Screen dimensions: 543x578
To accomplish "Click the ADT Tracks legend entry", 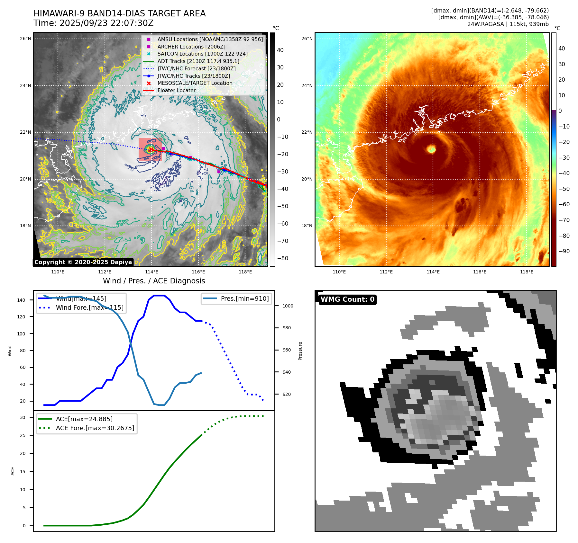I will pos(198,61).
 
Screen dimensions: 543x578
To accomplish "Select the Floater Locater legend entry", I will pos(176,90).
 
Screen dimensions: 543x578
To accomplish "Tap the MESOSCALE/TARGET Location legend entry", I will pos(195,83).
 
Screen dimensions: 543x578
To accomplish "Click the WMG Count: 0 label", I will pos(347,299).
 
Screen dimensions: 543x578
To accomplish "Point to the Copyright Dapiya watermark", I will pos(83,262).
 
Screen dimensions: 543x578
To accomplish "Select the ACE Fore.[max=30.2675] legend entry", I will pos(95,428).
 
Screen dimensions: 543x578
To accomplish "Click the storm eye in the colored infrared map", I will pos(431,149).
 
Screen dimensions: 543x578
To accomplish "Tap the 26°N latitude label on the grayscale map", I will pos(26,39).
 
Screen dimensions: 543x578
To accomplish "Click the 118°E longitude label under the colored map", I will pos(527,272).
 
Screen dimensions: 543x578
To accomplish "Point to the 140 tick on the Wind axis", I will pos(21,300).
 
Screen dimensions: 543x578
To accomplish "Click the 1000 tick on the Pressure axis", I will pos(288,306).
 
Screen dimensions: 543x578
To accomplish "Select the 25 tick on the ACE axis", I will pos(23,435).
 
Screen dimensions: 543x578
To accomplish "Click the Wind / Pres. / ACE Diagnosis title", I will pos(154,281).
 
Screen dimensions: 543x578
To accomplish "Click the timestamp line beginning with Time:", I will pos(93,23).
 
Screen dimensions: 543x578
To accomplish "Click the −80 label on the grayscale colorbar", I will pos(283,258).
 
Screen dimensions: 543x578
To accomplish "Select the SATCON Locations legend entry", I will pos(202,54).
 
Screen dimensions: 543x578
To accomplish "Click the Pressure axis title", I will pos(300,351).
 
